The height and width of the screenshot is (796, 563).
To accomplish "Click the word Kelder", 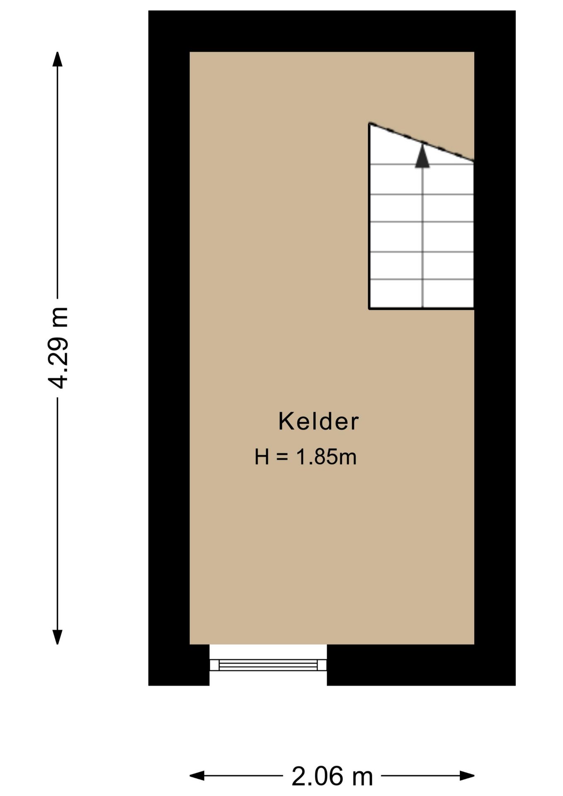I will pyautogui.click(x=318, y=422).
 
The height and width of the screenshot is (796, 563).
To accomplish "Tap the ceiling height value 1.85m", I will pyautogui.click(x=326, y=457).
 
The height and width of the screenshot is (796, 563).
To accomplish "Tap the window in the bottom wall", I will pyautogui.click(x=268, y=665).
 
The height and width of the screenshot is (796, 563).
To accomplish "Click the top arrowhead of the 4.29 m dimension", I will pyautogui.click(x=57, y=59).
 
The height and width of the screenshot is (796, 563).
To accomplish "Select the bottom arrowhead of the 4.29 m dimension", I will pyautogui.click(x=57, y=637).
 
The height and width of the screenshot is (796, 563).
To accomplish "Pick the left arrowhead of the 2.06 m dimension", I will pyautogui.click(x=197, y=775).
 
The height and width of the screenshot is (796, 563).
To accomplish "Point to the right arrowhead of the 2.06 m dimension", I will pyautogui.click(x=467, y=775).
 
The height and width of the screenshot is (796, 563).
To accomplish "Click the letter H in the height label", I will pyautogui.click(x=262, y=457).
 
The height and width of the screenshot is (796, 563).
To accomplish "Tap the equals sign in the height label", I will pyautogui.click(x=281, y=457).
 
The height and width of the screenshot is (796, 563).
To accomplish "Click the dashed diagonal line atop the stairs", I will pyautogui.click(x=421, y=142).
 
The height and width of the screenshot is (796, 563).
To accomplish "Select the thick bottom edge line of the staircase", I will pyautogui.click(x=421, y=308).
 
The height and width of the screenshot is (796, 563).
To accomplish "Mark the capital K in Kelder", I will pyautogui.click(x=286, y=422).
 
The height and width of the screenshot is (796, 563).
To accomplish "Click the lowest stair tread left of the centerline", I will pyautogui.click(x=396, y=294).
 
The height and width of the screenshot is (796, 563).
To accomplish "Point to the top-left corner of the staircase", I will pyautogui.click(x=370, y=124).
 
